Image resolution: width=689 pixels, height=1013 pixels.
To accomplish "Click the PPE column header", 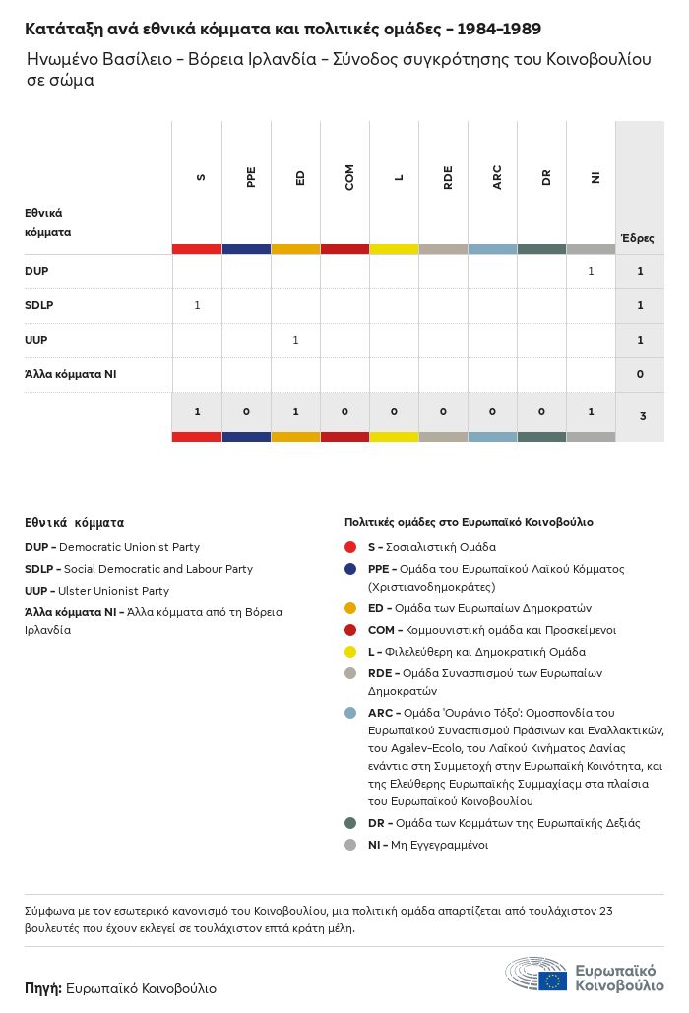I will [251, 177].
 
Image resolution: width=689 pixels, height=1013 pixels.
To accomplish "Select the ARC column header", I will [497, 177].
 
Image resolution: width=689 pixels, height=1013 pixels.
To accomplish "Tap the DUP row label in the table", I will [36, 271].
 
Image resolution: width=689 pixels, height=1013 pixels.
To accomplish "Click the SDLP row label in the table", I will [39, 305].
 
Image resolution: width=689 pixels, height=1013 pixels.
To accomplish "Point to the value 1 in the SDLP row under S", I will [197, 305].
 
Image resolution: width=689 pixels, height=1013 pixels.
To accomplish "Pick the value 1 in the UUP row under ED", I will [295, 340].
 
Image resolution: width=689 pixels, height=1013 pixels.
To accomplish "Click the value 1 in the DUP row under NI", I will [591, 271].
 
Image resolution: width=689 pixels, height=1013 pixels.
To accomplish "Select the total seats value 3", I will [642, 416].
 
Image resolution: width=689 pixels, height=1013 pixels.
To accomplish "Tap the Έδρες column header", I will [637, 238].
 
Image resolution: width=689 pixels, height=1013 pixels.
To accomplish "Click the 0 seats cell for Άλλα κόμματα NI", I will [640, 374].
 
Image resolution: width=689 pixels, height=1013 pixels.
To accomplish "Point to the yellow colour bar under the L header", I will [394, 249].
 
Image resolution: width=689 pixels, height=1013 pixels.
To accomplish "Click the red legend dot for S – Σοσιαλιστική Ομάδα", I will [350, 547].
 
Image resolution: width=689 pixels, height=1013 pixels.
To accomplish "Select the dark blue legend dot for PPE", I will [350, 569].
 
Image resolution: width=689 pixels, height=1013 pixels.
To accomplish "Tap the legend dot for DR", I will [350, 823].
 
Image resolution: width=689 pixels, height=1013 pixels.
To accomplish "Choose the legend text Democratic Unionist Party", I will [129, 547].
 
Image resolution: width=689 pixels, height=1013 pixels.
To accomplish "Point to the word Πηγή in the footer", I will [42, 988].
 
